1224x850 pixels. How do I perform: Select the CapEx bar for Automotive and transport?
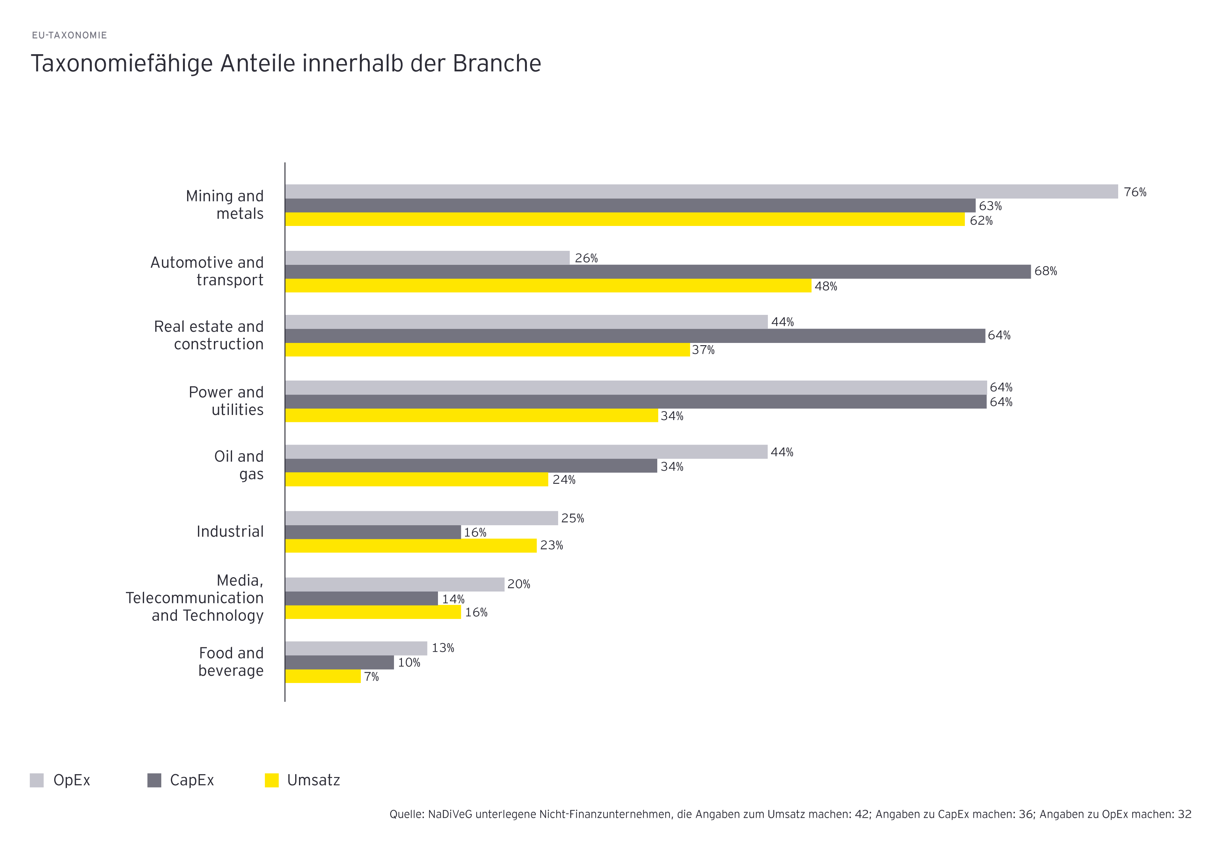(x=657, y=272)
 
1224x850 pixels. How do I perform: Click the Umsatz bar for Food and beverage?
(x=323, y=676)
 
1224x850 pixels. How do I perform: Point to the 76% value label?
(x=1134, y=192)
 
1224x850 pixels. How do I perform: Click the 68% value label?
(x=1045, y=271)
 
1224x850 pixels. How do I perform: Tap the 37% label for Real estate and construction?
(x=703, y=350)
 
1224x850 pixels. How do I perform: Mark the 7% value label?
(x=371, y=677)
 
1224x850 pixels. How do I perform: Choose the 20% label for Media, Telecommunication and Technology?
(x=518, y=584)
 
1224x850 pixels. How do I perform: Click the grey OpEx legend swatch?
(x=37, y=780)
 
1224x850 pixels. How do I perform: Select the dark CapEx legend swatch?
(x=154, y=780)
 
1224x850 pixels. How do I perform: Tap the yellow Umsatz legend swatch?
(x=272, y=780)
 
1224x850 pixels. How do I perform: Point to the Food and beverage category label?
(x=231, y=661)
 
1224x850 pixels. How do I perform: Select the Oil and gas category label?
(x=239, y=465)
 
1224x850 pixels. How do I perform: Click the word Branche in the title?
(x=496, y=63)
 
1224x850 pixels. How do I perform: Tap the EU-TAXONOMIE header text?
(x=69, y=35)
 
